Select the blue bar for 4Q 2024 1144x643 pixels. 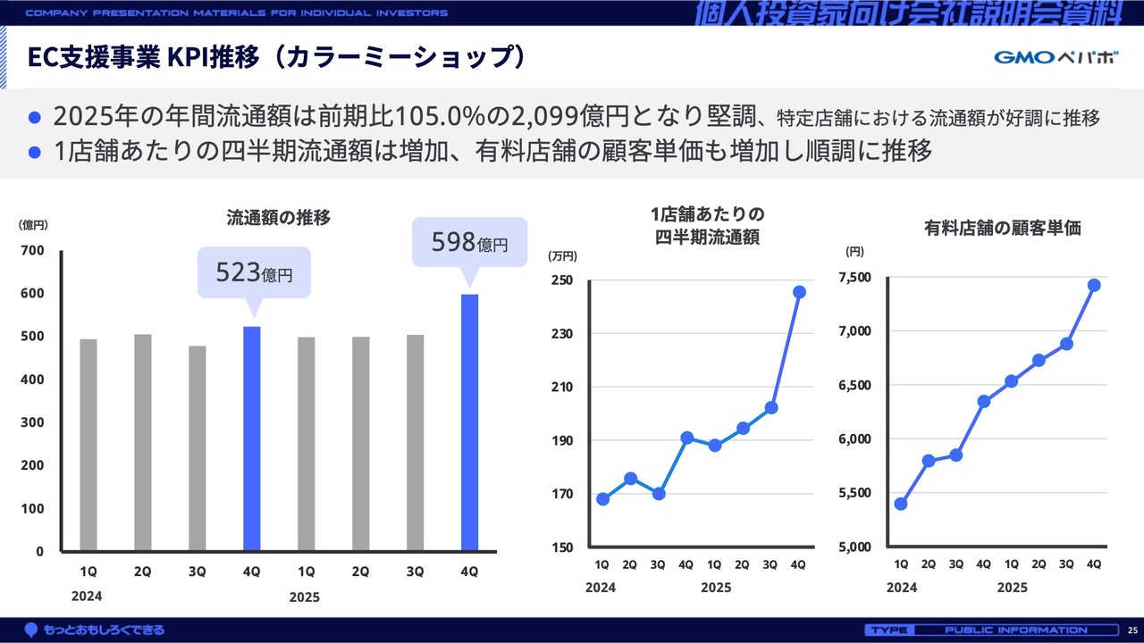pyautogui.click(x=252, y=438)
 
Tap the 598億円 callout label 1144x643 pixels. pyautogui.click(x=468, y=242)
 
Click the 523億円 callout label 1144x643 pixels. pyautogui.click(x=254, y=272)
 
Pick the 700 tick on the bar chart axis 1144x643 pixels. pyautogui.click(x=33, y=251)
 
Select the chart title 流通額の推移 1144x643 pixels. pyautogui.click(x=279, y=217)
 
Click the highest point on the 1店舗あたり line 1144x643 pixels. pyautogui.click(x=799, y=292)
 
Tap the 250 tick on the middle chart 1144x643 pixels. pyautogui.click(x=561, y=280)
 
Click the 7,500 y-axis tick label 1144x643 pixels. pyautogui.click(x=854, y=278)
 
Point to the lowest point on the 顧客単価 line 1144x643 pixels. pyautogui.click(x=901, y=504)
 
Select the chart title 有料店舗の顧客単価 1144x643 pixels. pyautogui.click(x=1002, y=228)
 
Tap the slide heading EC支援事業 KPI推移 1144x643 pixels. pyautogui.click(x=276, y=57)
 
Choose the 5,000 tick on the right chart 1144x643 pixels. pyautogui.click(x=854, y=547)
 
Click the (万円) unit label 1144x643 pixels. pyautogui.click(x=563, y=256)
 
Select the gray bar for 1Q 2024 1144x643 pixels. pyautogui.click(x=88, y=445)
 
